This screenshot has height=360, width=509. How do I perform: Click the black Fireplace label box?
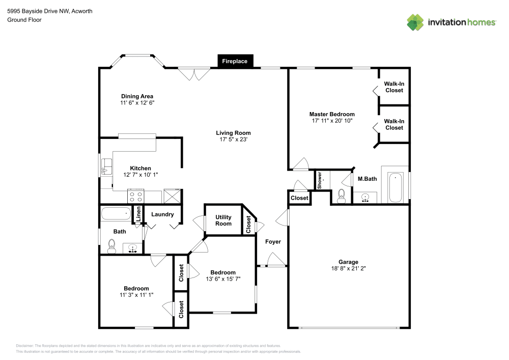[235, 61]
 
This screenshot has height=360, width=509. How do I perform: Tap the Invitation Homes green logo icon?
[415, 22]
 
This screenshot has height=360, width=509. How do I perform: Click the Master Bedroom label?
[332, 114]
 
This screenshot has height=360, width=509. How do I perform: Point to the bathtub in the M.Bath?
[395, 186]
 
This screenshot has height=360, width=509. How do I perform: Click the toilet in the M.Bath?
[342, 195]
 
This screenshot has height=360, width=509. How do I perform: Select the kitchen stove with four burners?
[136, 195]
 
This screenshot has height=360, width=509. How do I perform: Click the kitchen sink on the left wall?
[106, 166]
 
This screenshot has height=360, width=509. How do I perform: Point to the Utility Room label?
[223, 220]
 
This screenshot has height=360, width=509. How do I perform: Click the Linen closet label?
[137, 214]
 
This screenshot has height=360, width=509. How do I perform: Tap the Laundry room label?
[162, 214]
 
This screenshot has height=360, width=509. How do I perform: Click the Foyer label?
[273, 241]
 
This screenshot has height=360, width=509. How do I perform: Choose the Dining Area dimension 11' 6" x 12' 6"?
[137, 102]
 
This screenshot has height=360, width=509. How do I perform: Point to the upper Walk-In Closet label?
[393, 87]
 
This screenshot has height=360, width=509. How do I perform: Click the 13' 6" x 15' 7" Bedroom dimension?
[223, 279]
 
